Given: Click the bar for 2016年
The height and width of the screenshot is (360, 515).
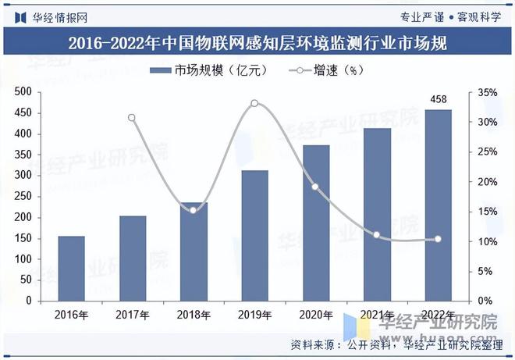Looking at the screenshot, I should coord(71,268).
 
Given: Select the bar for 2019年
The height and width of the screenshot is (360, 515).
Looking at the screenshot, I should coord(254,235).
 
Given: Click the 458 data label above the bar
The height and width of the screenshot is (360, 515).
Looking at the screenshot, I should coord(438,99).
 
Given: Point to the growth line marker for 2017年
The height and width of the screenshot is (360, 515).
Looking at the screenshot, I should coord(132,118).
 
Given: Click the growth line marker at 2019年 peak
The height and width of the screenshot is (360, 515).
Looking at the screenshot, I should coord(254,103).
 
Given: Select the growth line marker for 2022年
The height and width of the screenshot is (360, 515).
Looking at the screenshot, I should coord(438,239).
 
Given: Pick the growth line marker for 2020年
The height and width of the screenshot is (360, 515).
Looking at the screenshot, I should coord(315,187).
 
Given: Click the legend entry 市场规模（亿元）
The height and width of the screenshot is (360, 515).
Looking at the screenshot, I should coord(210,70).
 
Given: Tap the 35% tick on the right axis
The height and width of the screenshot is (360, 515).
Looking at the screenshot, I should coord(487,92).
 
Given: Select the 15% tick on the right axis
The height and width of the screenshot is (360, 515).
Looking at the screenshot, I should coord(487,212).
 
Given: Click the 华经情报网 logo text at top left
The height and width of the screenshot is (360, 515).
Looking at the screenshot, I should coord(59,16).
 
